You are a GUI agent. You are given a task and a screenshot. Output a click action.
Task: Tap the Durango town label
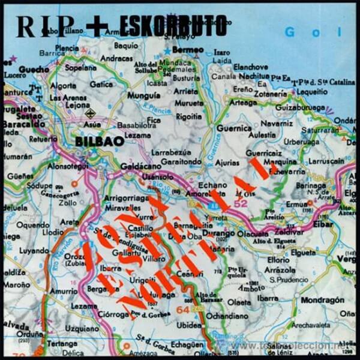pyautogui.click(x=218, y=233)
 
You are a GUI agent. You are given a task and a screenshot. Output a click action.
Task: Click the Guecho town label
pyautogui.click(x=34, y=70)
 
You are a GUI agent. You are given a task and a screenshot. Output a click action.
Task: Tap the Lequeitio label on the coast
pyautogui.click(x=309, y=92)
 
